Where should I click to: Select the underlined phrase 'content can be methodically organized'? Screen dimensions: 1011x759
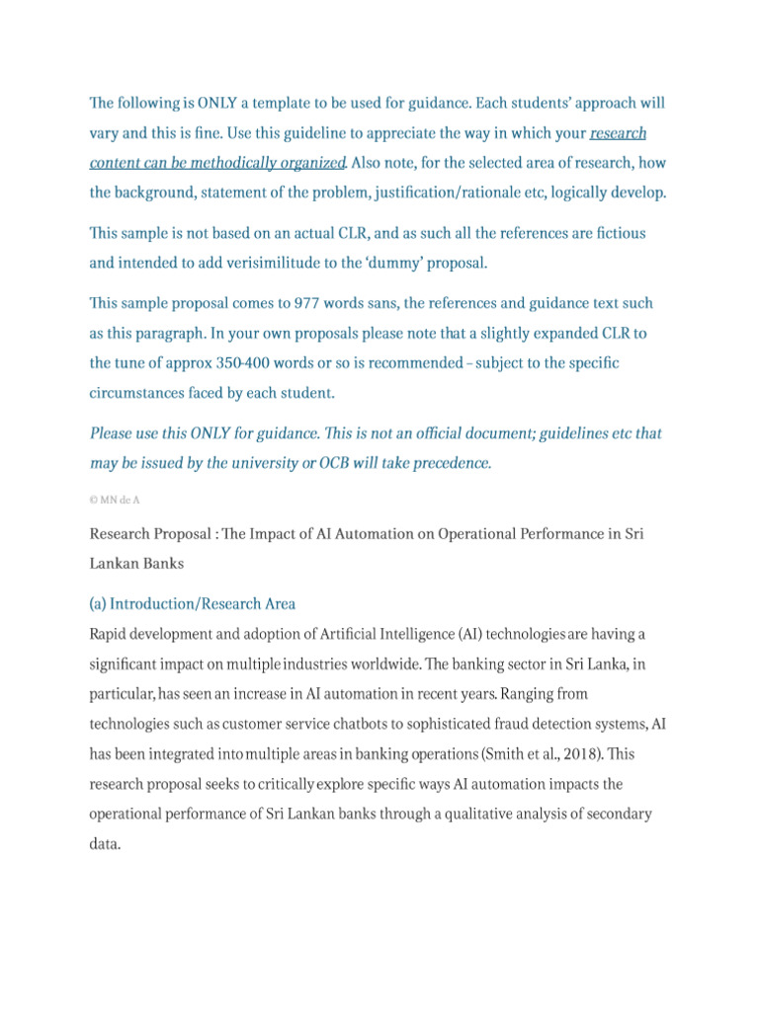[x=217, y=162]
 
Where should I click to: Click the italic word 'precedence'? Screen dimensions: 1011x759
[x=448, y=463]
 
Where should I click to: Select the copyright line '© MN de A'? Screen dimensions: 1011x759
[x=115, y=500]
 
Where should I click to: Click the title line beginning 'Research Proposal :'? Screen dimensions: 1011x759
[x=366, y=534]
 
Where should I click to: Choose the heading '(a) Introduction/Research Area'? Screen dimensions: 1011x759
[x=193, y=603]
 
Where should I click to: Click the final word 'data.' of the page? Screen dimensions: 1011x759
[x=105, y=844]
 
